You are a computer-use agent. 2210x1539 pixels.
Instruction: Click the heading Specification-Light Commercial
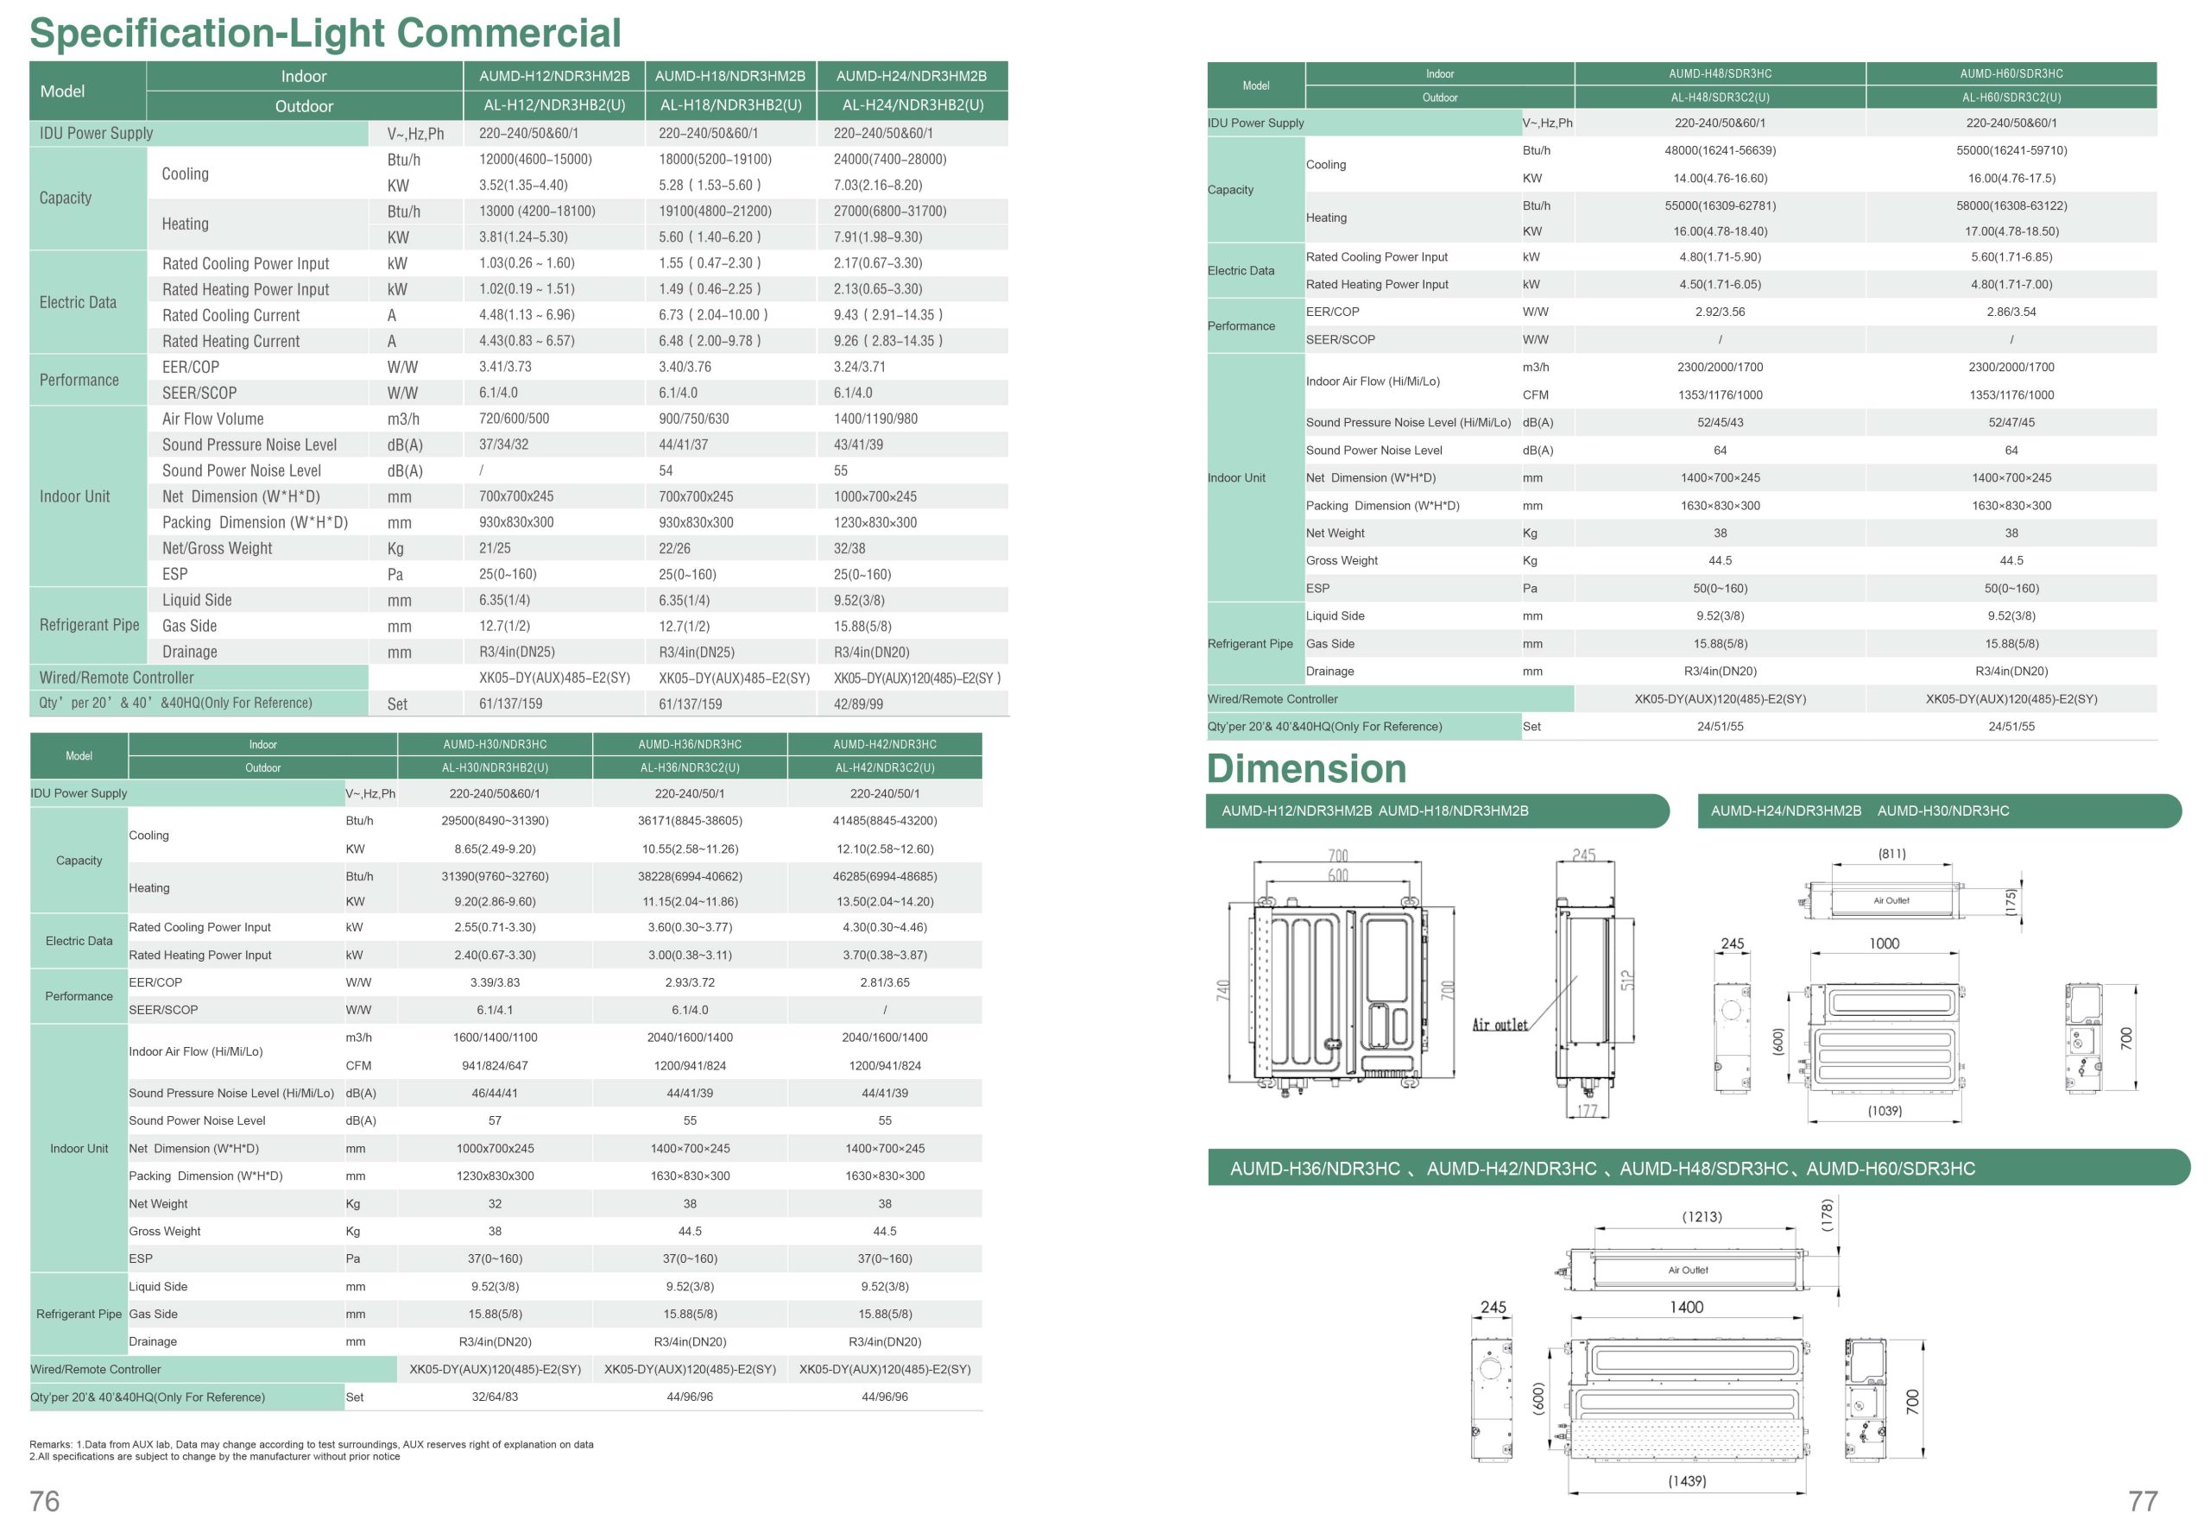[325, 33]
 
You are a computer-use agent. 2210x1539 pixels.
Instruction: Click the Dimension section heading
[1306, 768]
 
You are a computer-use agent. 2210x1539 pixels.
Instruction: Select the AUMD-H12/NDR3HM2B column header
[554, 76]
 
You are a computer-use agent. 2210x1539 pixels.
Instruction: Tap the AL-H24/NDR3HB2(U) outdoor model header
[912, 105]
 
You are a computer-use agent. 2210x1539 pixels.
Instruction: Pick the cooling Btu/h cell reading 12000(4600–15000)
[535, 159]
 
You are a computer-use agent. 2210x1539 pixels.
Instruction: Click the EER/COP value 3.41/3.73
[505, 367]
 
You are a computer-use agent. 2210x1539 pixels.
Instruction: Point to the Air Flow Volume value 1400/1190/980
[875, 419]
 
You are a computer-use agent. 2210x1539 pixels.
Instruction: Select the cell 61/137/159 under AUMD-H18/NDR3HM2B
[690, 703]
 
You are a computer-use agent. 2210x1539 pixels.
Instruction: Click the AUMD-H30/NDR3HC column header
[495, 744]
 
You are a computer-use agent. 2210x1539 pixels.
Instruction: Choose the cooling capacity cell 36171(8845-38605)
[690, 821]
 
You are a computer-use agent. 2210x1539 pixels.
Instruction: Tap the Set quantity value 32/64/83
[495, 1397]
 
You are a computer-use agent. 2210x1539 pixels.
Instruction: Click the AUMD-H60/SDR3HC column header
[2011, 74]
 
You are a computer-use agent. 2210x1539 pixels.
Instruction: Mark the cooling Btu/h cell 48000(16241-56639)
[1720, 150]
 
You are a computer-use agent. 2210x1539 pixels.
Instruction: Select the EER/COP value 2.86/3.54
[2011, 312]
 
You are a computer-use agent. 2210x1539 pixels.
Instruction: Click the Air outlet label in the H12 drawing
[1500, 1025]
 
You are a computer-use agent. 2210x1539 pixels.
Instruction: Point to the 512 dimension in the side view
[1626, 980]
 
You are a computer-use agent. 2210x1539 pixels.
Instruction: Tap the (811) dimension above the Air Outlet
[1891, 854]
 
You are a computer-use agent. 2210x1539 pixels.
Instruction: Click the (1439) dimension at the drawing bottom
[1686, 1481]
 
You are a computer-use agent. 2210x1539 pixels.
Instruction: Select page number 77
[2143, 1502]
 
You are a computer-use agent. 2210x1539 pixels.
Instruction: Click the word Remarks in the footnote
[50, 1445]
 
